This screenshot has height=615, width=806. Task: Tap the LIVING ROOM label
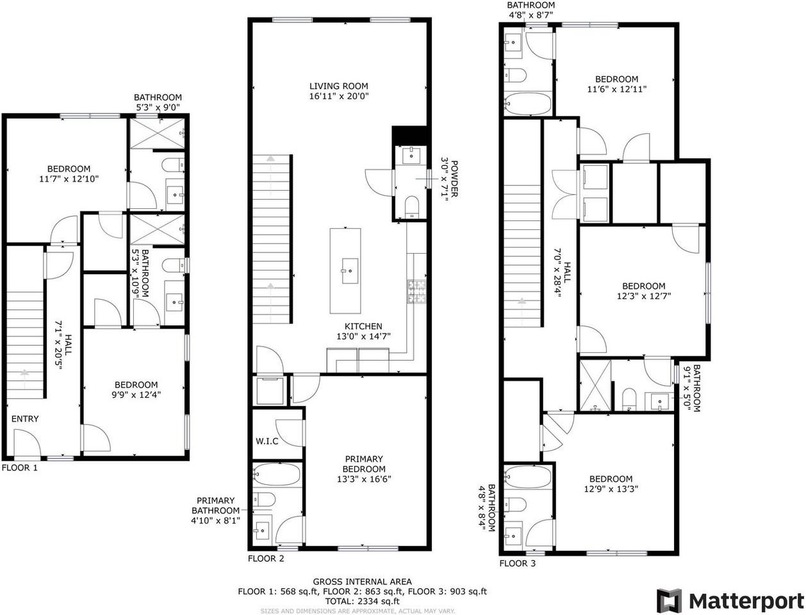click(338, 86)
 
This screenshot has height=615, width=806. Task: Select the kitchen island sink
click(350, 271)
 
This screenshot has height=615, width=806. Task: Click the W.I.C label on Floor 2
click(267, 441)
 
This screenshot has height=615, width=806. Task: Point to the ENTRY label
click(25, 419)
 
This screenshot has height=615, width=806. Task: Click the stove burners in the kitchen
click(416, 292)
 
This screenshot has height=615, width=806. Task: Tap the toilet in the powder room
click(411, 207)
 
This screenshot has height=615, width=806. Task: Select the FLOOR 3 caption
click(518, 563)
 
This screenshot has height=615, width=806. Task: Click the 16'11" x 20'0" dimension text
click(338, 97)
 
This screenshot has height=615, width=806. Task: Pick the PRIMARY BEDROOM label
click(364, 464)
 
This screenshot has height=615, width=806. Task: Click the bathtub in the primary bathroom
click(277, 475)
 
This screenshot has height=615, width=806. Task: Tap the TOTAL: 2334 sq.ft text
click(362, 602)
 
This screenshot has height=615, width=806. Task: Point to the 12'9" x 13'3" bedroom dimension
click(611, 489)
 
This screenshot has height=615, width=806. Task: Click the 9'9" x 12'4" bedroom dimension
click(136, 395)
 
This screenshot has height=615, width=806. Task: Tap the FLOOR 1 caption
click(19, 468)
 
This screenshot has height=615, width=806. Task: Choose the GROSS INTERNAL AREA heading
click(362, 582)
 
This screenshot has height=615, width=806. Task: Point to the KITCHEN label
click(363, 326)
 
